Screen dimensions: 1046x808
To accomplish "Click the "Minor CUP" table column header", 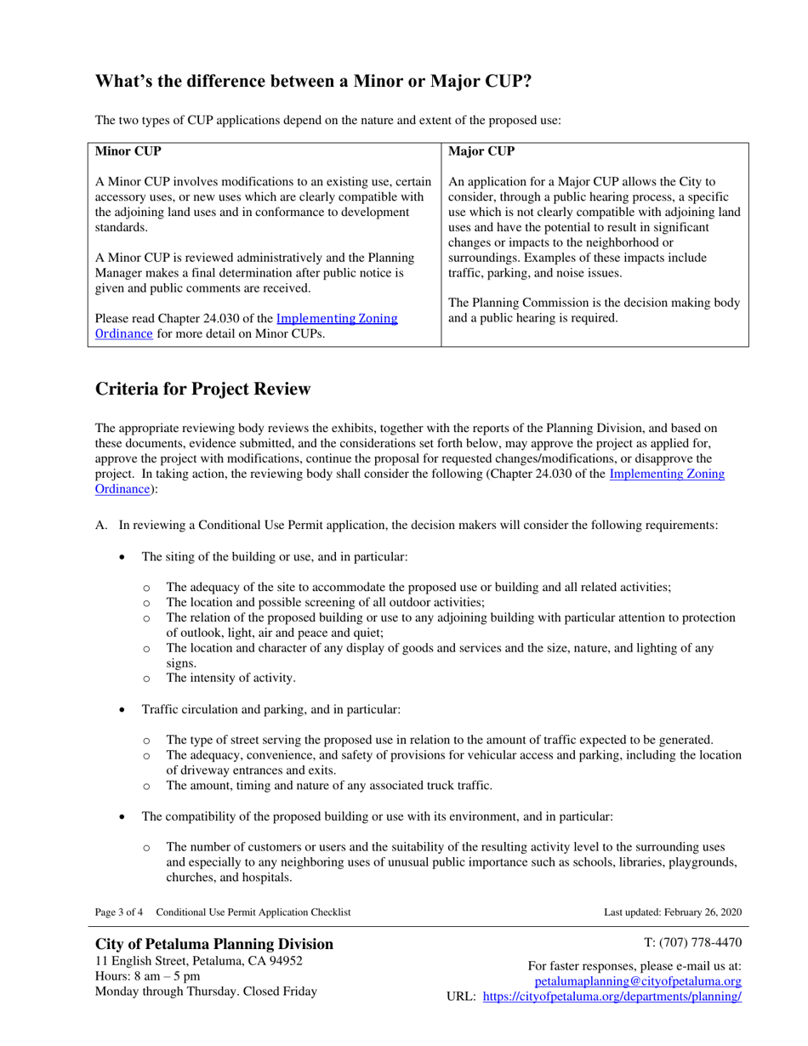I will [x=128, y=152].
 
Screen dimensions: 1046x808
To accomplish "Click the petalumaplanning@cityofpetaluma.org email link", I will [x=637, y=981].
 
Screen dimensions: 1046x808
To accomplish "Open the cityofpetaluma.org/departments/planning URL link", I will [x=612, y=997].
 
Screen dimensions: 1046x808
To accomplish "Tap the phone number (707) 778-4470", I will [x=693, y=942].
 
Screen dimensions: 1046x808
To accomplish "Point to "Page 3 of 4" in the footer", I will [x=118, y=912].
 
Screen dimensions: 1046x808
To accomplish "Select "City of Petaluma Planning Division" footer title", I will [x=214, y=944].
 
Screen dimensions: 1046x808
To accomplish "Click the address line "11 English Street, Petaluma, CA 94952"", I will [x=198, y=961].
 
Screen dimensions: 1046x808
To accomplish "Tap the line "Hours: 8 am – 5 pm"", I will [x=147, y=976].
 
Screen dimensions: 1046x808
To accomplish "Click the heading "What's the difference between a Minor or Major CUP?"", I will [x=313, y=82].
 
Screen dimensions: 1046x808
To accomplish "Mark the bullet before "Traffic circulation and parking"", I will [x=123, y=709].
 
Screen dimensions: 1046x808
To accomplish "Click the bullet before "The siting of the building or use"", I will [x=123, y=557].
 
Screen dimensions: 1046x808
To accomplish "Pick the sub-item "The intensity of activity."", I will [x=230, y=678].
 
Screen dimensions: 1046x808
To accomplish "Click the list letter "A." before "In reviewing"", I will [x=100, y=526].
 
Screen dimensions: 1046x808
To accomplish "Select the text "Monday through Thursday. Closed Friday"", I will [x=205, y=992].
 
